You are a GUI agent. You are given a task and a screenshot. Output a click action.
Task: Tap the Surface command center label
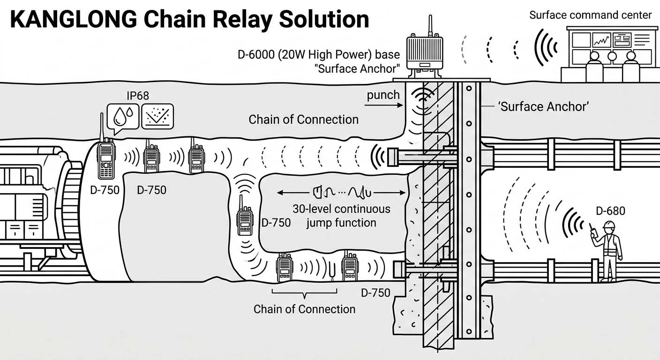click(590, 15)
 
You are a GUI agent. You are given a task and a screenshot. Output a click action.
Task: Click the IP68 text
click(138, 96)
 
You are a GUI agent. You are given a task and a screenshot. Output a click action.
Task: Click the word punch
click(383, 95)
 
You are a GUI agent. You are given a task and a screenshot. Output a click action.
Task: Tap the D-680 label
click(609, 211)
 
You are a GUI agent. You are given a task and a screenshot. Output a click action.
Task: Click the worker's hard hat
click(609, 225)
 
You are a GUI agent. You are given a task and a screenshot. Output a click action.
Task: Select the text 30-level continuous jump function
click(341, 215)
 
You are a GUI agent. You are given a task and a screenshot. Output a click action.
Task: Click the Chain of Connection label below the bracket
click(304, 309)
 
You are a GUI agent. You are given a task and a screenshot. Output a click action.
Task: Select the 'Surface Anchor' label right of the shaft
click(543, 107)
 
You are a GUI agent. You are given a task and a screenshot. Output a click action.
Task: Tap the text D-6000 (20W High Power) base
click(318, 55)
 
